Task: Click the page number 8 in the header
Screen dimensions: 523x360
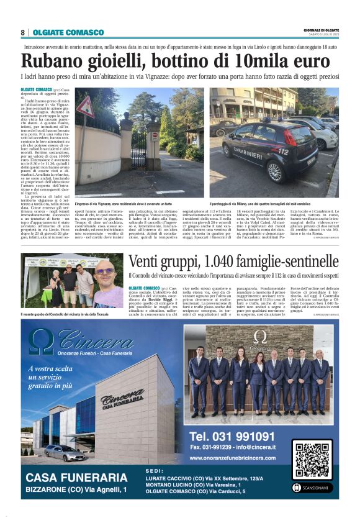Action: tap(22, 32)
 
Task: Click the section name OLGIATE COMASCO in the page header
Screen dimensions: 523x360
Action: tap(68, 32)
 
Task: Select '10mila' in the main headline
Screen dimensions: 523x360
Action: tap(249, 61)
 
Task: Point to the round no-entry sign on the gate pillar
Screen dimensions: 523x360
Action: tap(155, 136)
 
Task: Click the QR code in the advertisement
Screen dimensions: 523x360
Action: tap(312, 462)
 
